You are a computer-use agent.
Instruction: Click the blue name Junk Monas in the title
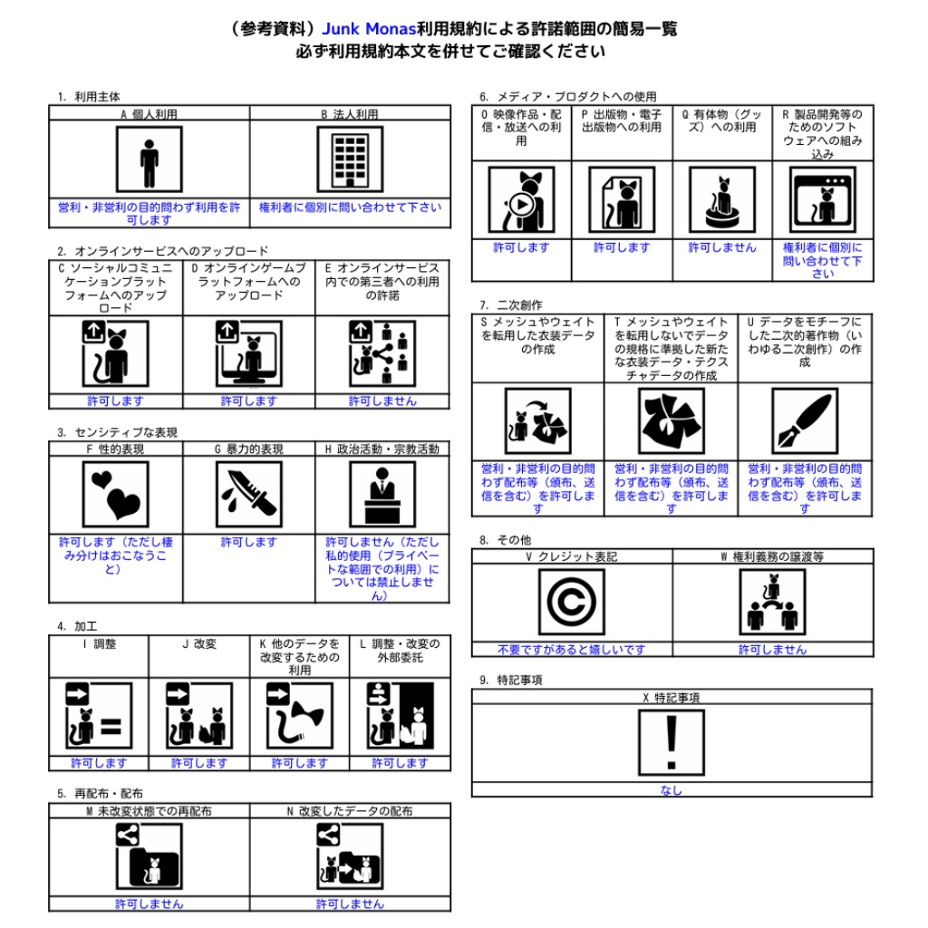(x=369, y=28)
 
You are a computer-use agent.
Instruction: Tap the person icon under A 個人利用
(x=150, y=159)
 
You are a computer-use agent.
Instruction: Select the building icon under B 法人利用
(x=350, y=159)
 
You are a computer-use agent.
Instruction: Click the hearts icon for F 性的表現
(x=115, y=495)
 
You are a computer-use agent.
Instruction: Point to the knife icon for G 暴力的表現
(x=249, y=495)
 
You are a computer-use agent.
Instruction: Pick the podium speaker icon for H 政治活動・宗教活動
(x=382, y=495)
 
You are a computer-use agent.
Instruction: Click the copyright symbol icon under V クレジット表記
(x=571, y=602)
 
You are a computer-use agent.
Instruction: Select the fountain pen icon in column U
(x=805, y=421)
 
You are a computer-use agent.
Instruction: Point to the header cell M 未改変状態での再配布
(x=150, y=811)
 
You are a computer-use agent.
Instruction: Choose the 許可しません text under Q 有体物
(x=721, y=247)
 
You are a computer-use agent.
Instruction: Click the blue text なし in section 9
(x=672, y=790)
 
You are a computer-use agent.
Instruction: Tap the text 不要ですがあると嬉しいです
(x=571, y=650)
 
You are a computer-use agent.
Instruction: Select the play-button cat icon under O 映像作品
(x=521, y=199)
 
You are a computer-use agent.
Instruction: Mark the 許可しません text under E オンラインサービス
(x=382, y=401)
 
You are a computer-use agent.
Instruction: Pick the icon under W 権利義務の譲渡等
(x=772, y=602)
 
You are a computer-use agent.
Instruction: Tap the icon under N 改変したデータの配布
(x=350, y=855)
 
